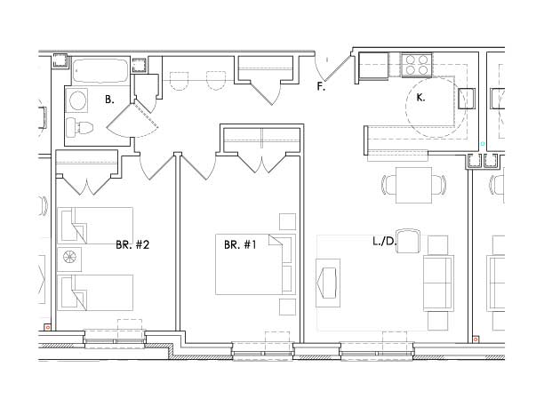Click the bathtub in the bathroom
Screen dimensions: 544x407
click(x=100, y=71)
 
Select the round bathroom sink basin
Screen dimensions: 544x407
click(x=77, y=100)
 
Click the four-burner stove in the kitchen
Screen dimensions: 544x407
click(x=417, y=65)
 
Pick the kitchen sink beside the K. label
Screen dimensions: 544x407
click(x=467, y=100)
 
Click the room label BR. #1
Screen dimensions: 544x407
click(x=240, y=245)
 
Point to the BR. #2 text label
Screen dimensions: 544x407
click(x=132, y=245)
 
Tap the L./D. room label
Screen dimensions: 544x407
click(x=384, y=241)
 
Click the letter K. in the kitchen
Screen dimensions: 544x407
click(x=420, y=98)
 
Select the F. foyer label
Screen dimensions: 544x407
click(x=321, y=86)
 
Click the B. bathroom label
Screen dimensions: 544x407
click(x=109, y=100)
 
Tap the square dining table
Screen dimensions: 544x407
click(x=413, y=186)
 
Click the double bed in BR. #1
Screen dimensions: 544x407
click(x=255, y=265)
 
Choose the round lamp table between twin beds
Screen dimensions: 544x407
click(x=69, y=257)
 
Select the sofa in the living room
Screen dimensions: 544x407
click(x=438, y=283)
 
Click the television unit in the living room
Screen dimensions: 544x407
click(x=328, y=283)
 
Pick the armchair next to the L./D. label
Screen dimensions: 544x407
click(x=408, y=241)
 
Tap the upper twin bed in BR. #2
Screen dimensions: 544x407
click(x=95, y=226)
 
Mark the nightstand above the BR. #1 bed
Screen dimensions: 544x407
click(x=288, y=221)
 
